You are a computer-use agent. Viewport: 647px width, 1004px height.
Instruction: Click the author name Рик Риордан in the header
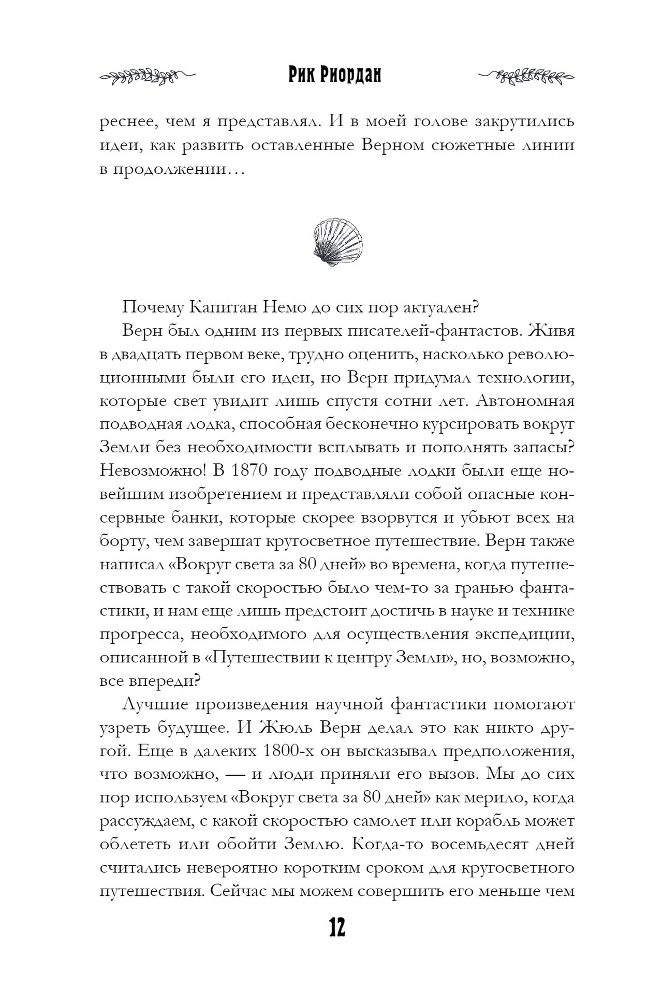334,76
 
